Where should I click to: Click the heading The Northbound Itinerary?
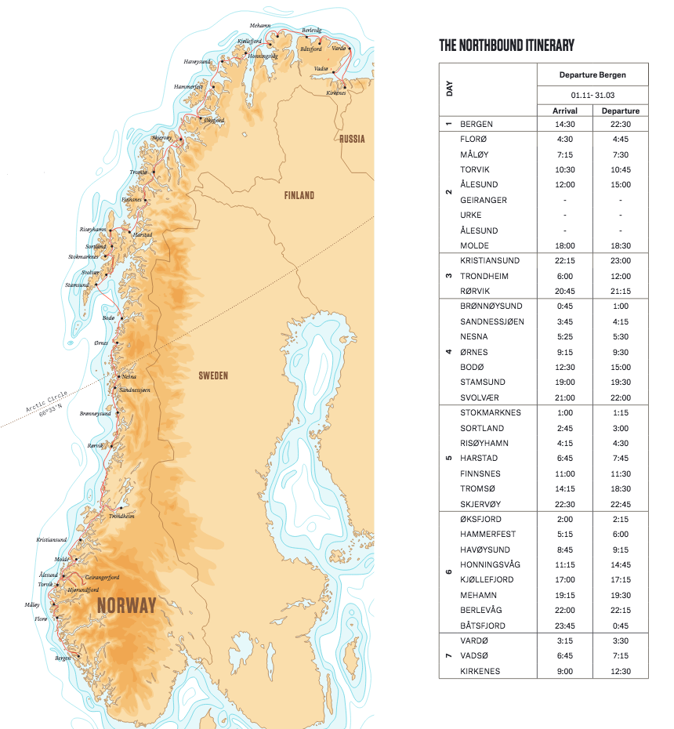pyautogui.click(x=506, y=45)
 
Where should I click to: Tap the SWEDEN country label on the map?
pyautogui.click(x=213, y=375)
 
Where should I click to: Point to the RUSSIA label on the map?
pyautogui.click(x=352, y=139)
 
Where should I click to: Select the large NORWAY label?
pyautogui.click(x=126, y=605)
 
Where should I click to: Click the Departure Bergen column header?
pyautogui.click(x=592, y=75)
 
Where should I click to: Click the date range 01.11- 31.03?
pyautogui.click(x=592, y=94)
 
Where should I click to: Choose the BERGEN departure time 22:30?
pyautogui.click(x=620, y=124)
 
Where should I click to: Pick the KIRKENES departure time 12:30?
pyautogui.click(x=620, y=671)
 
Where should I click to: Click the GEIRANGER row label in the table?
pyautogui.click(x=484, y=200)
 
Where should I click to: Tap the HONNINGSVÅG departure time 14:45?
pyautogui.click(x=620, y=564)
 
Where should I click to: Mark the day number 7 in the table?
pyautogui.click(x=449, y=655)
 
